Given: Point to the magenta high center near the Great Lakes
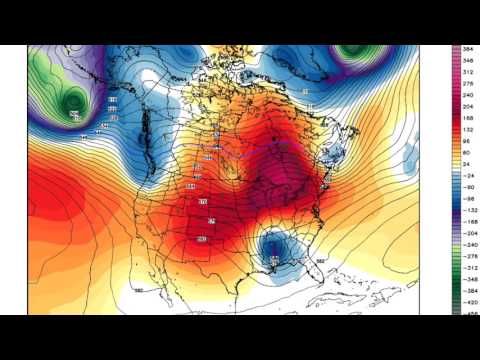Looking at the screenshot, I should point(282,178).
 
